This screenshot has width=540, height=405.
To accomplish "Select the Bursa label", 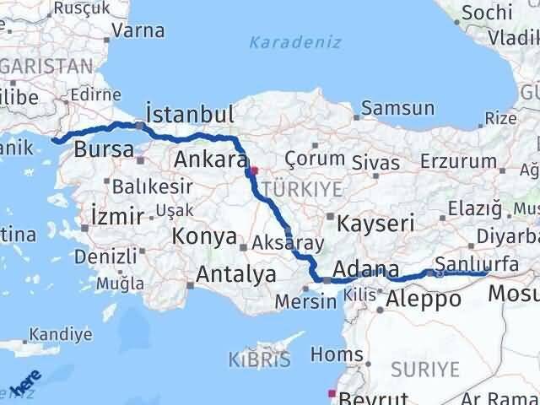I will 104,151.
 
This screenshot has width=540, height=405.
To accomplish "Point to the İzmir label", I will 113,216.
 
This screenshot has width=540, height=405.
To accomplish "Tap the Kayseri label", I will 375,224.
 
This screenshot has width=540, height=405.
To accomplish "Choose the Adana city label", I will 366,270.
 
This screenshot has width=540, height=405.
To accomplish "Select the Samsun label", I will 397,108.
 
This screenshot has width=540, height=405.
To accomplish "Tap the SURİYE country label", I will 425,369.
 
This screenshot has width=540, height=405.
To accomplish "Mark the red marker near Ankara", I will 254,170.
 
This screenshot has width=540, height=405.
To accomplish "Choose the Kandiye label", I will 61,334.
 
